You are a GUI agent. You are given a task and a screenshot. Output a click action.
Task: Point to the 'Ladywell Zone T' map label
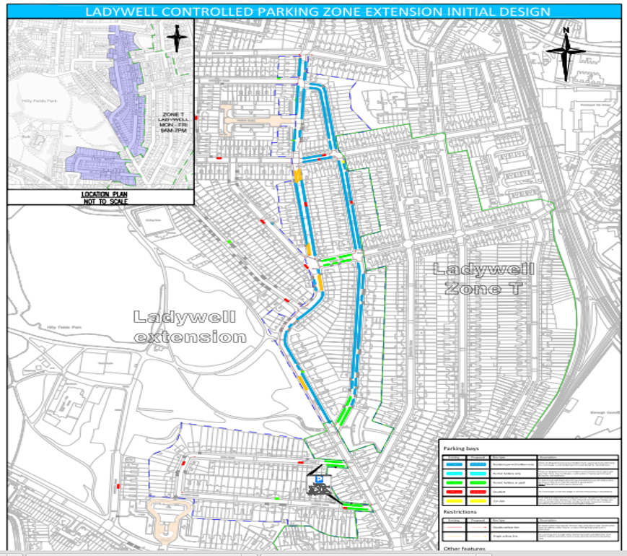pyautogui.click(x=483, y=279)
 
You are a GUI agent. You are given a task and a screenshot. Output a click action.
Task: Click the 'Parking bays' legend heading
pyautogui.click(x=462, y=449)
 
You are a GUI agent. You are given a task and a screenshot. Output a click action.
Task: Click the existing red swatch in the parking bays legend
pyautogui.click(x=455, y=491)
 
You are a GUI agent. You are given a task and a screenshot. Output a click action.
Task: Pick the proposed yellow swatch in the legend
pyautogui.click(x=476, y=500)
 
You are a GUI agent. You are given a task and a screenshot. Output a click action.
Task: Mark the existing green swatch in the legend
pyautogui.click(x=455, y=482)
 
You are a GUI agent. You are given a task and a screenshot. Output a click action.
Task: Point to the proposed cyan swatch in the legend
pyautogui.click(x=476, y=472)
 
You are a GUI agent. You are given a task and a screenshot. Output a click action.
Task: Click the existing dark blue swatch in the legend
pyautogui.click(x=455, y=464)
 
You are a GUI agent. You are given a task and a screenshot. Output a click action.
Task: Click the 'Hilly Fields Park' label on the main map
pyautogui.click(x=61, y=328)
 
